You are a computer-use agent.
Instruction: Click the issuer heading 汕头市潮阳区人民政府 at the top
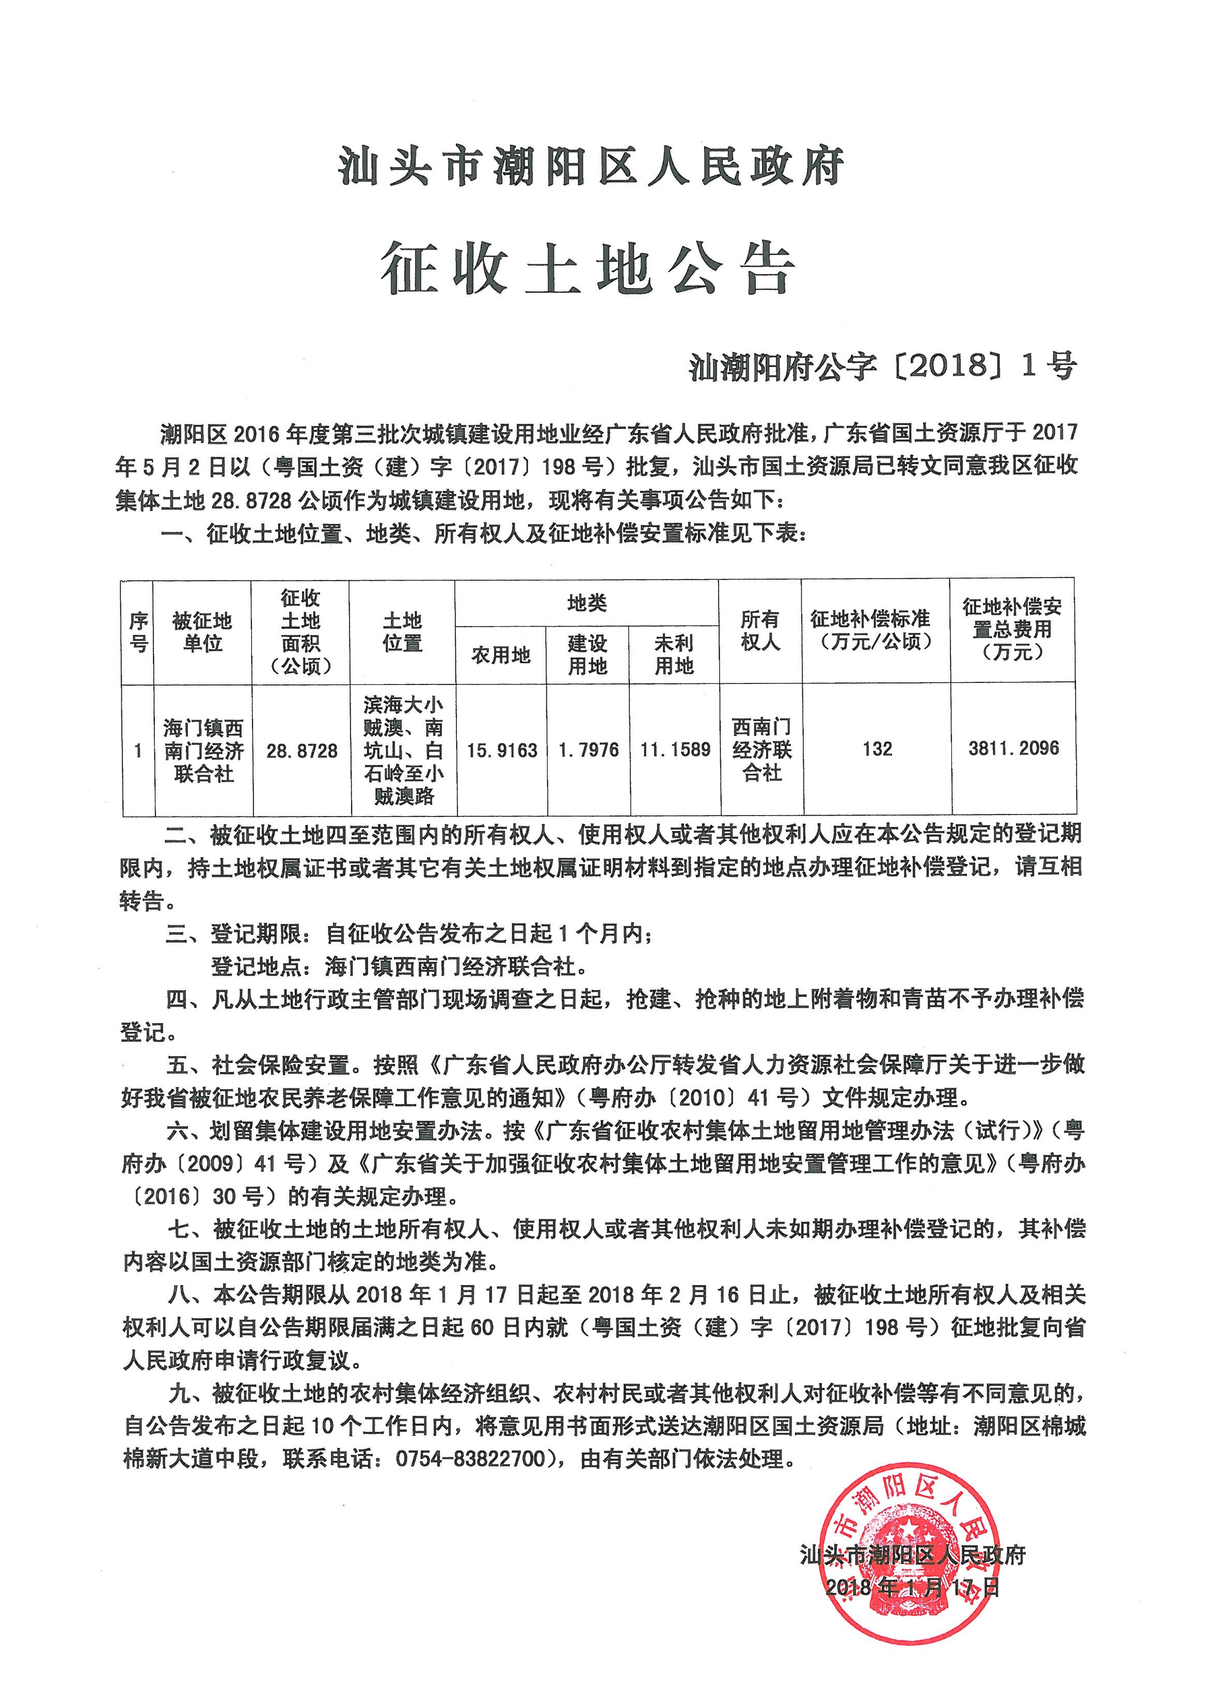pos(591,166)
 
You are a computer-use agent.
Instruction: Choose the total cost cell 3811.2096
pos(1013,748)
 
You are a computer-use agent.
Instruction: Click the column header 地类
pos(587,603)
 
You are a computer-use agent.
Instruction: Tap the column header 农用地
pos(500,655)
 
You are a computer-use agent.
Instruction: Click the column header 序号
pos(138,632)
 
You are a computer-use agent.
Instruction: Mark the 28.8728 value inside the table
pos(302,751)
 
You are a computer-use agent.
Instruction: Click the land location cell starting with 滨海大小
pos(403,749)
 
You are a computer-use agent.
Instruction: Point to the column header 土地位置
pos(402,631)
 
